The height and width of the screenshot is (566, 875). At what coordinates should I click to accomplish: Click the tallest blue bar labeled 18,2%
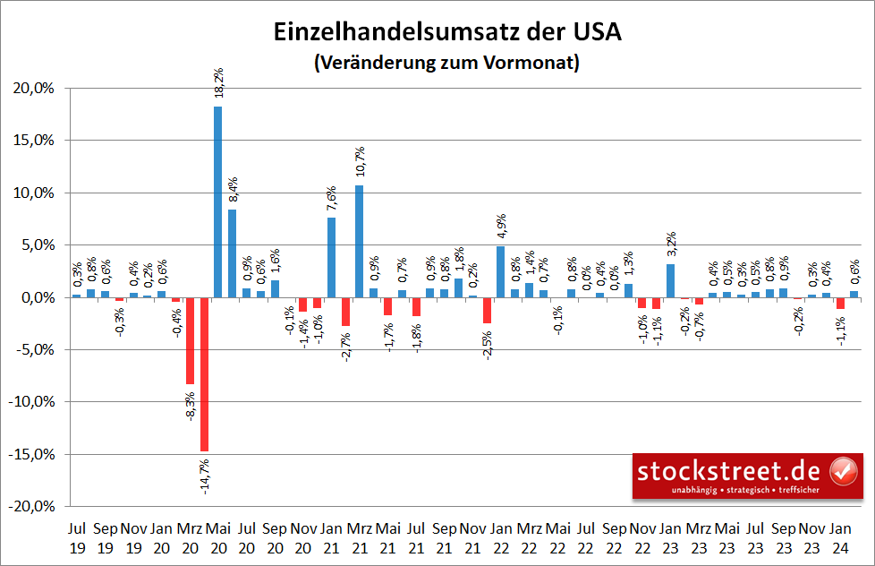(217, 202)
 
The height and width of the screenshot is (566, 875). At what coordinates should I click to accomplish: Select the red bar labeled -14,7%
(204, 373)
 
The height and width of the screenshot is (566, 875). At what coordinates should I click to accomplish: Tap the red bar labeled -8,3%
(190, 340)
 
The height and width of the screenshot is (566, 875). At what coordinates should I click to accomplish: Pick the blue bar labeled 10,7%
(360, 241)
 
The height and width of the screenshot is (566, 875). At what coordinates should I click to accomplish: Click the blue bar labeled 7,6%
(331, 257)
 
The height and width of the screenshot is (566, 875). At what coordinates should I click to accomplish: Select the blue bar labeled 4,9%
(500, 271)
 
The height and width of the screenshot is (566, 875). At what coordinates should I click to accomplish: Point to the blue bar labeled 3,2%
(670, 280)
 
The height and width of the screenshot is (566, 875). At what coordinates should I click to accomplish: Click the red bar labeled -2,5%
(487, 310)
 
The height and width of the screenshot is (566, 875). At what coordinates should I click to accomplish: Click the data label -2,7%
(345, 344)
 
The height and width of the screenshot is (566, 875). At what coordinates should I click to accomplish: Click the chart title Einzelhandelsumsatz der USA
(446, 32)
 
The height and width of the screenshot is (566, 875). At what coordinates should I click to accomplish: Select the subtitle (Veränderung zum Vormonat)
(446, 64)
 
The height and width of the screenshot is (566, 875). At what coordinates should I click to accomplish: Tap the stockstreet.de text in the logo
(730, 469)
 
